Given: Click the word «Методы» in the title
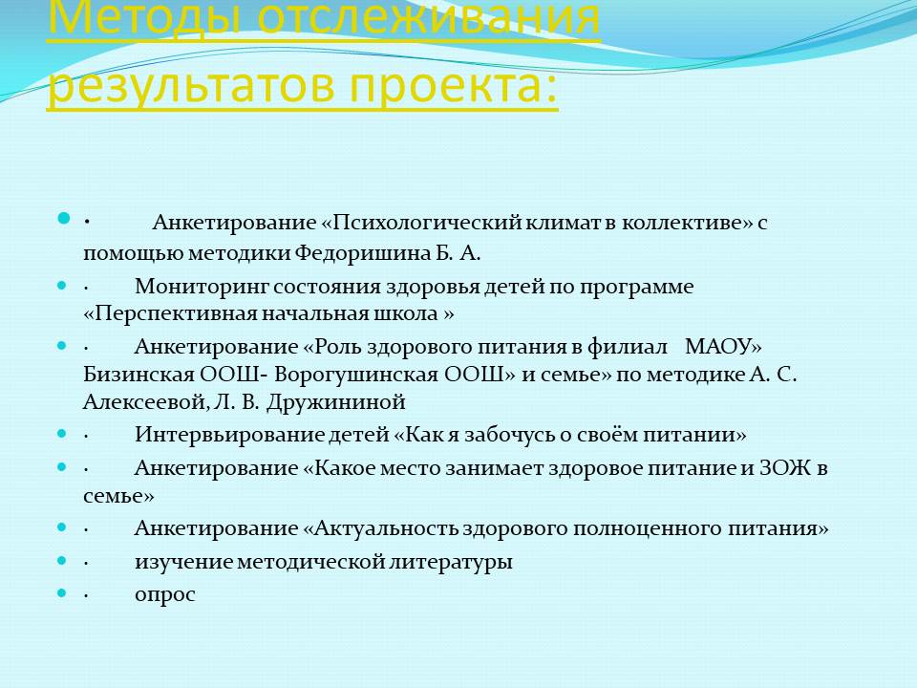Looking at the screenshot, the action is (144, 17).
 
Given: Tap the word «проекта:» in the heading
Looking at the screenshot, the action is (454, 85).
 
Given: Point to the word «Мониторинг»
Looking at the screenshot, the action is (202, 288).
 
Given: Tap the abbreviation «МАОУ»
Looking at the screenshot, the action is (717, 346).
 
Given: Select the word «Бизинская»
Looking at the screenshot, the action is (139, 375).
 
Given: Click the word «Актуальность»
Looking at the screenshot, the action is (386, 528).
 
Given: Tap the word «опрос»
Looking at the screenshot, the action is (165, 595).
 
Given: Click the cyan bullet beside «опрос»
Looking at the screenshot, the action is (63, 593).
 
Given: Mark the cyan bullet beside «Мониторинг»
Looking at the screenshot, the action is (63, 286).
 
